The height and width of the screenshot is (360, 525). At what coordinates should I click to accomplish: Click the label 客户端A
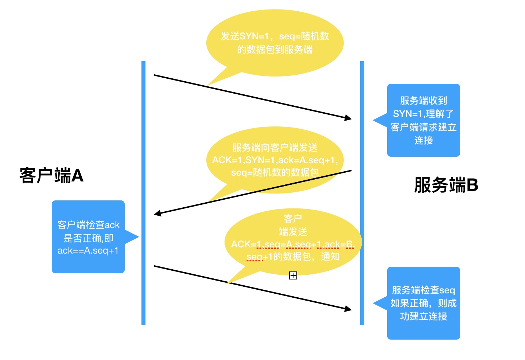[x=51, y=176]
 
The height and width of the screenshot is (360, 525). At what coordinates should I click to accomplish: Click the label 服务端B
[x=446, y=185]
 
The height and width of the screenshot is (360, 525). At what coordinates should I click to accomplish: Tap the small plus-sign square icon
[x=293, y=275]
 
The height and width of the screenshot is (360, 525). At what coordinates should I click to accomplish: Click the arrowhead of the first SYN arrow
[x=348, y=118]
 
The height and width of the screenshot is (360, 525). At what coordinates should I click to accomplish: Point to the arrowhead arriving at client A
[x=157, y=214]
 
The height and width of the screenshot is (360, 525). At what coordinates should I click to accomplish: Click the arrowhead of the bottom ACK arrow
[x=348, y=309]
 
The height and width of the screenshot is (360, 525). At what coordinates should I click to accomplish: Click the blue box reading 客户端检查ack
[x=88, y=237]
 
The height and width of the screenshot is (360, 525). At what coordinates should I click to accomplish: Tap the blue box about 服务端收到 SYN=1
[x=423, y=120]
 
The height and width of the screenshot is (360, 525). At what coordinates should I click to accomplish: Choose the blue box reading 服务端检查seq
[x=423, y=303]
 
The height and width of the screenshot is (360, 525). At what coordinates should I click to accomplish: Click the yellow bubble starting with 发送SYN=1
[x=275, y=43]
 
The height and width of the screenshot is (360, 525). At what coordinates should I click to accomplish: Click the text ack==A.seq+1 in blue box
[x=88, y=251]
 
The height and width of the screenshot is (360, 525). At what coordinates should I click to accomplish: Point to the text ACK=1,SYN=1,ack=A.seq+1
[x=275, y=160]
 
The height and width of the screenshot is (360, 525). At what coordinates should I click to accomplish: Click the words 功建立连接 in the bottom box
[x=423, y=316]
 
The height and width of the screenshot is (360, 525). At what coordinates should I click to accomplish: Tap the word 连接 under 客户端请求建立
[x=423, y=140]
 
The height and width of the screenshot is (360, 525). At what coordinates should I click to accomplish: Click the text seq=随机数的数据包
[x=275, y=172]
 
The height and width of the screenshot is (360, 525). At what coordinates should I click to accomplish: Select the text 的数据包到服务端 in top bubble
[x=275, y=50]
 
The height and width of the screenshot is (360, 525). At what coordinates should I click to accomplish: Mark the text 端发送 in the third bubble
[x=293, y=232]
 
